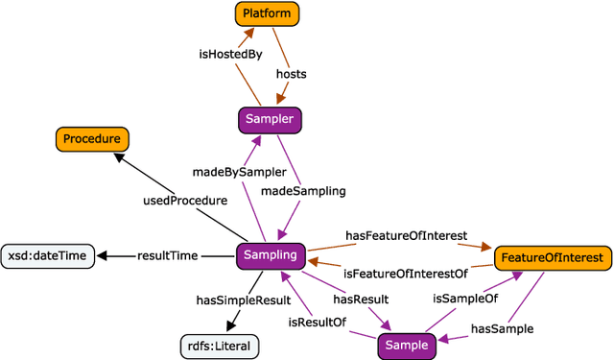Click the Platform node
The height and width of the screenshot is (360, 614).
click(268, 13)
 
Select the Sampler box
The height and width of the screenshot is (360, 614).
click(270, 120)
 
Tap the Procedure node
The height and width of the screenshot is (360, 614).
click(92, 139)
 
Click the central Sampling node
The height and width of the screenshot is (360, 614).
click(272, 255)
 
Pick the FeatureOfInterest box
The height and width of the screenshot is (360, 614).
click(552, 257)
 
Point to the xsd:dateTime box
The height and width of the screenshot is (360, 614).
click(47, 256)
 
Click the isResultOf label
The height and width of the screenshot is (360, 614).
click(318, 324)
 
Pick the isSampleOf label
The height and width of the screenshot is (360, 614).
click(465, 299)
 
